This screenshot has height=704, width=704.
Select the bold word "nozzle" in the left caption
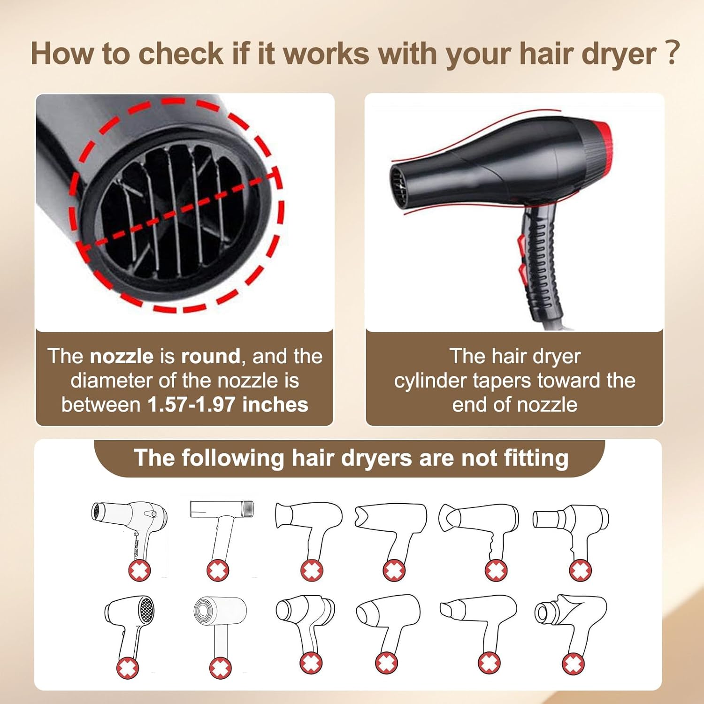click(122, 356)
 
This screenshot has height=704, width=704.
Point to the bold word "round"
click(211, 356)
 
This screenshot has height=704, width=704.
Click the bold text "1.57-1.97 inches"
click(228, 405)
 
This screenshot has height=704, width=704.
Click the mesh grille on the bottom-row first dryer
click(147, 610)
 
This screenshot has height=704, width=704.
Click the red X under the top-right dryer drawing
click(581, 570)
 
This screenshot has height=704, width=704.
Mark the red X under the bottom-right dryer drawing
click(573, 664)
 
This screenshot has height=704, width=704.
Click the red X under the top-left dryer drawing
click(139, 571)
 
